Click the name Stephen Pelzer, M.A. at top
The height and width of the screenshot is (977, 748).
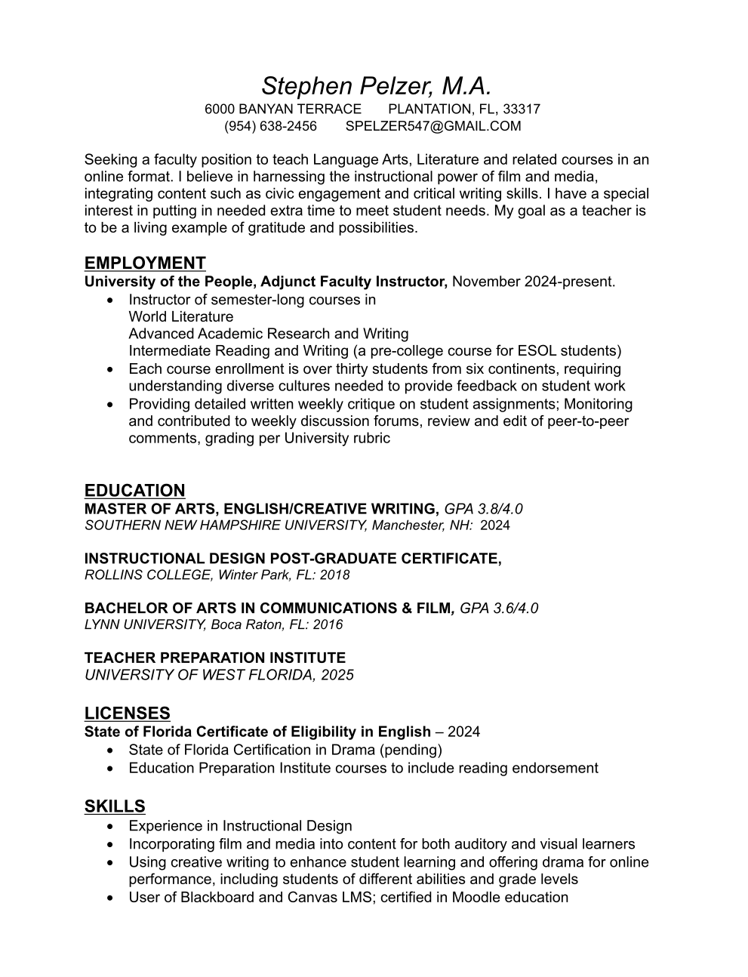point(376,85)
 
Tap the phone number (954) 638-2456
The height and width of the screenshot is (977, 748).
point(270,126)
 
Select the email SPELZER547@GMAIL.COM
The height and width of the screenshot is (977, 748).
point(433,126)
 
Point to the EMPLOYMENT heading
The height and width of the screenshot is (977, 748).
point(145,263)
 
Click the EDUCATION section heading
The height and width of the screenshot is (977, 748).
point(134,490)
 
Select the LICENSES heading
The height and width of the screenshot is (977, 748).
point(127,713)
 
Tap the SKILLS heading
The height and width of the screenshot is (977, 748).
point(115,806)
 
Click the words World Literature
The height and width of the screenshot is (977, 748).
point(181,316)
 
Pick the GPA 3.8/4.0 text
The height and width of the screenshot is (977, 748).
point(484,509)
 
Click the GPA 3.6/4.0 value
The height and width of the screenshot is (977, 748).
point(499,608)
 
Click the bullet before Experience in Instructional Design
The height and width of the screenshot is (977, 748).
point(112,826)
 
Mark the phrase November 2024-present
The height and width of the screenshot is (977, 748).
point(534,282)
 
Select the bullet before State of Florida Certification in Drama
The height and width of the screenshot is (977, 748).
point(112,750)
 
